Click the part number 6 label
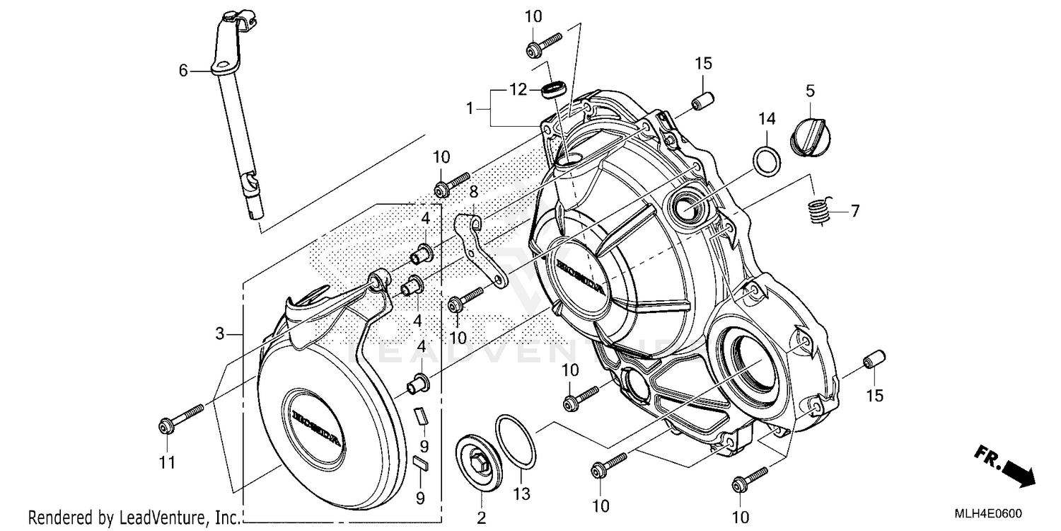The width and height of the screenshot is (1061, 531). click(183, 70)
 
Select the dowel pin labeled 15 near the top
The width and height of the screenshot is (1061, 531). click(701, 102)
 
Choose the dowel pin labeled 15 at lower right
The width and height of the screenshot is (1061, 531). click(875, 360)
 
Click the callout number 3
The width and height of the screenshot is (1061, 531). click(220, 333)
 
